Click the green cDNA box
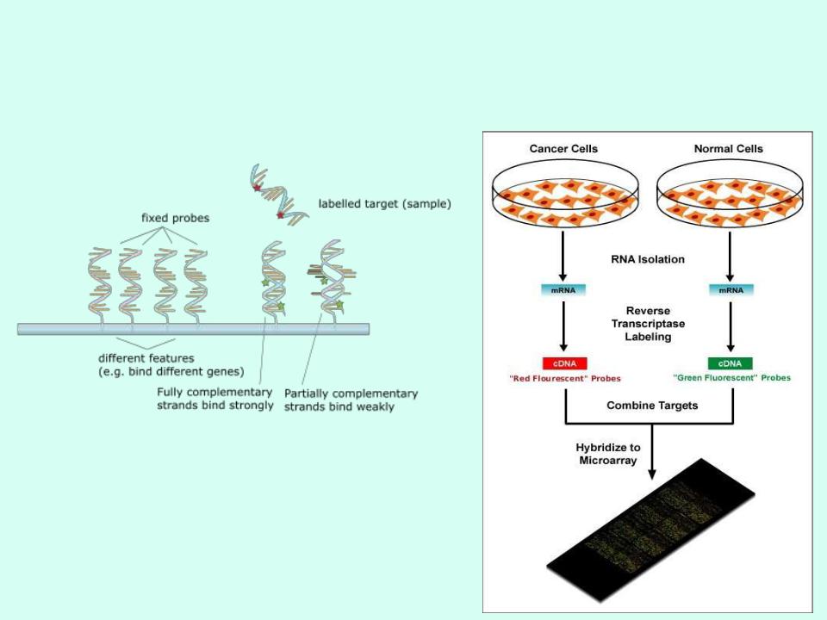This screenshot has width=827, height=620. pyautogui.click(x=729, y=363)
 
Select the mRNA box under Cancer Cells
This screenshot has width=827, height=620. pyautogui.click(x=563, y=289)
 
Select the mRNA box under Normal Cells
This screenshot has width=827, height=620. pyautogui.click(x=729, y=289)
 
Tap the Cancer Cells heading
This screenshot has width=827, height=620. pyautogui.click(x=563, y=149)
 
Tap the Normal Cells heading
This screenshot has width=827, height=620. pyautogui.click(x=729, y=149)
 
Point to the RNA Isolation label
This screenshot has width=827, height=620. pyautogui.click(x=646, y=257)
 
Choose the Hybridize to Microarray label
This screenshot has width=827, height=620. pyautogui.click(x=610, y=453)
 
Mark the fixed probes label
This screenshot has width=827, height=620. pyautogui.click(x=175, y=219)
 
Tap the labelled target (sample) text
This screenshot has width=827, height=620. pyautogui.click(x=384, y=204)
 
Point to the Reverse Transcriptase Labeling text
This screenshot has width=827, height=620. pyautogui.click(x=647, y=324)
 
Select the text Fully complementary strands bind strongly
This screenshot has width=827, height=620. pyautogui.click(x=215, y=399)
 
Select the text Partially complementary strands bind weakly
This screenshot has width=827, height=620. pyautogui.click(x=351, y=400)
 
